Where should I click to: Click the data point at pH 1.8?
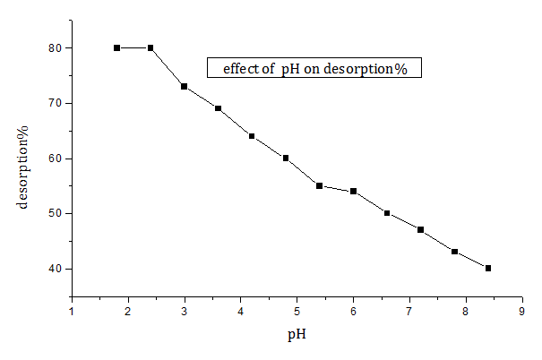(116, 47)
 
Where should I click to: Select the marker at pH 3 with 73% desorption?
(184, 86)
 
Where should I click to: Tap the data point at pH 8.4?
(488, 268)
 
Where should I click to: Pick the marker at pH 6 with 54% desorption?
(353, 191)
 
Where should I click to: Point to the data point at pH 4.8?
(286, 158)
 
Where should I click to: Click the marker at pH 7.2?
(420, 229)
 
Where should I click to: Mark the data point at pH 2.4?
(151, 47)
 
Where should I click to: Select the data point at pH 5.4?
(319, 185)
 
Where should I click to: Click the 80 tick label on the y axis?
(54, 47)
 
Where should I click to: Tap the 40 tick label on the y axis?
(54, 269)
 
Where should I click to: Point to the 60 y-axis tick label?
(54, 159)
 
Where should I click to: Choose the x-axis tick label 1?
(73, 311)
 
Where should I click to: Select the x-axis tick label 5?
(297, 311)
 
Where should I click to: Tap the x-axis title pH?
(297, 336)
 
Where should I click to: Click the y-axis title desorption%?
(23, 171)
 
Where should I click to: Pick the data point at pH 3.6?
(218, 108)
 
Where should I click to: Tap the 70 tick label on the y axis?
(54, 103)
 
